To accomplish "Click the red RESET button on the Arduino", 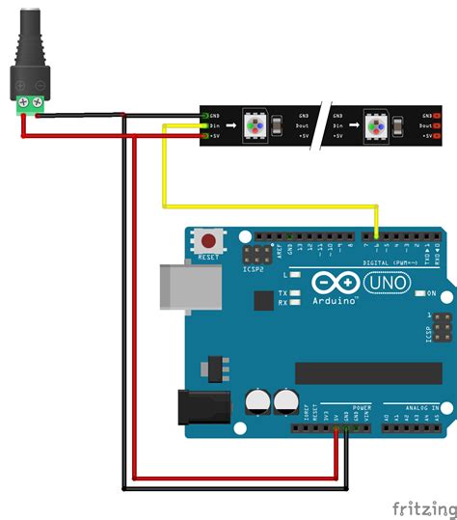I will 206,239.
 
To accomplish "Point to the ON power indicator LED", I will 420,293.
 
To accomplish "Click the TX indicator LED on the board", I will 295,292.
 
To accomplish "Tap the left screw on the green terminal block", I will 21,100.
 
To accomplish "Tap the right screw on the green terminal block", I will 38,100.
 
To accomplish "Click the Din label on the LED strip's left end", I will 216,126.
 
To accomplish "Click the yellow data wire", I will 270,205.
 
